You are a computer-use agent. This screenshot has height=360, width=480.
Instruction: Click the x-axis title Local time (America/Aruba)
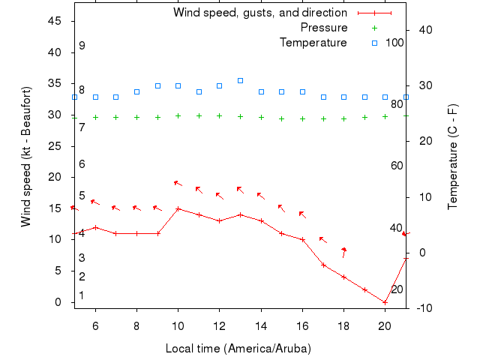[x=238, y=349]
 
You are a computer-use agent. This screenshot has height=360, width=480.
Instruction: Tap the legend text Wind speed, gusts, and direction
[x=259, y=13]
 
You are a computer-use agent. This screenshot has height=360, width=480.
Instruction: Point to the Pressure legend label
[x=323, y=28]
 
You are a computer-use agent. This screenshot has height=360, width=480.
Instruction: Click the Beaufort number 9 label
[x=82, y=46]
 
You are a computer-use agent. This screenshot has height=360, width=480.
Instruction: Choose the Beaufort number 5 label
[x=82, y=196]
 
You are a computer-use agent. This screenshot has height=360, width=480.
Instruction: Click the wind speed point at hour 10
[x=178, y=208]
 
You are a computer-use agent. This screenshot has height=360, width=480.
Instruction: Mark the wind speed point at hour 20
[x=385, y=302]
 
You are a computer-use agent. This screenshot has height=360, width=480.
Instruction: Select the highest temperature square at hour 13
[x=240, y=80]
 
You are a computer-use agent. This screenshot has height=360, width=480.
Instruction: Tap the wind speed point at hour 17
[x=323, y=265]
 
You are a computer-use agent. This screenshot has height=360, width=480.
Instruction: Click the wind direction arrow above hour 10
[x=178, y=182]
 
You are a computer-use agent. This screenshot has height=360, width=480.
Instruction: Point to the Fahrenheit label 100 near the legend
[x=395, y=43]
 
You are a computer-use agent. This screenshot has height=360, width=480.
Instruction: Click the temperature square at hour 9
[x=157, y=85]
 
